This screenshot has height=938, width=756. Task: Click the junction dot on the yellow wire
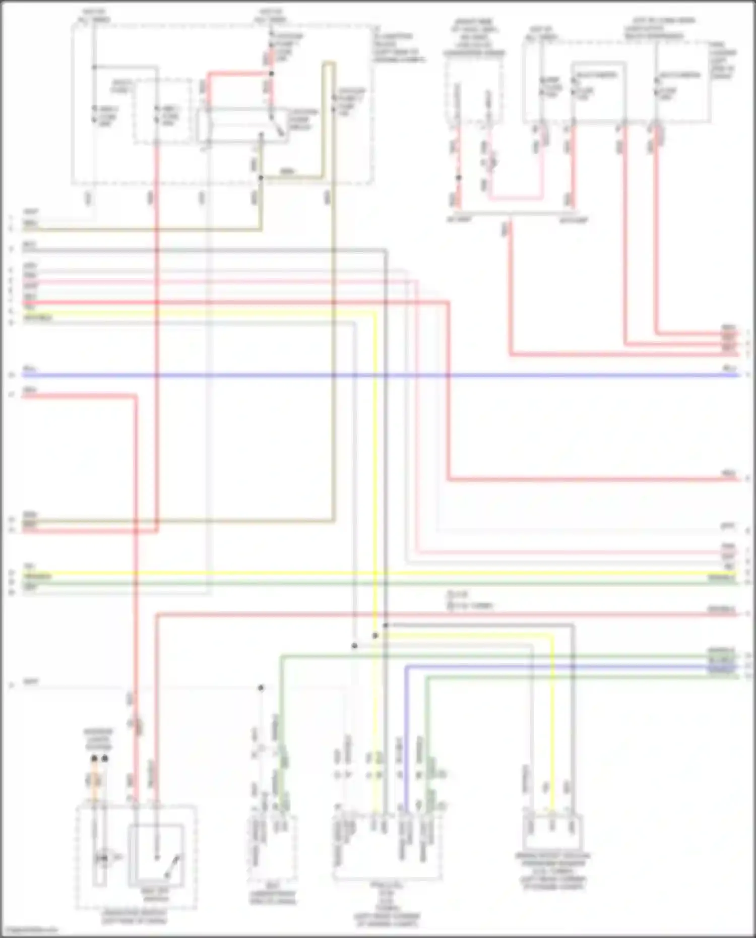coord(375,636)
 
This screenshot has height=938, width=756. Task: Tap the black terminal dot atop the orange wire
coord(94,758)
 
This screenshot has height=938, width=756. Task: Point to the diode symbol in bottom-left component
coord(103,857)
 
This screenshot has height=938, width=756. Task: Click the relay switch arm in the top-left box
coord(277,129)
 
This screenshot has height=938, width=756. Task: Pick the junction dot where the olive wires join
coord(261,178)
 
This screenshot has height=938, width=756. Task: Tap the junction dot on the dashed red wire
coord(459,177)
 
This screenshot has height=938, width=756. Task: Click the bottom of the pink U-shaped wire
coord(514,199)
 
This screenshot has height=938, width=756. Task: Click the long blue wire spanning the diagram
coord(378,376)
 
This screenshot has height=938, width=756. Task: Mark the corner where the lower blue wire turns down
coord(406,666)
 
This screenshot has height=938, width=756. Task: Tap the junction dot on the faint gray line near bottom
coord(261,687)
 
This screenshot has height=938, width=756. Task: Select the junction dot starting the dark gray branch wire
coord(386,626)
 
